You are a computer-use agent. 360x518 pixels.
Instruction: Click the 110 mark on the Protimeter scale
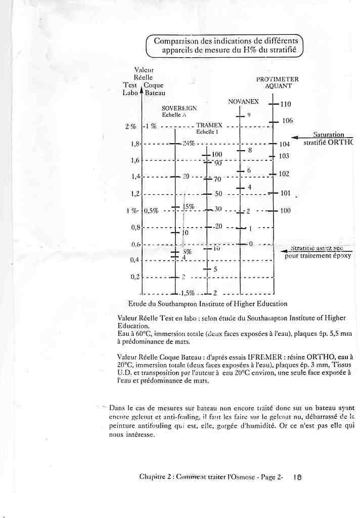point(286,104)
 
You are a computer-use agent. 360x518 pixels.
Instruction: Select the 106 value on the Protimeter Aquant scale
point(287,121)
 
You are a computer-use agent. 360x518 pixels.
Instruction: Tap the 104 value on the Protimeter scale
point(284,144)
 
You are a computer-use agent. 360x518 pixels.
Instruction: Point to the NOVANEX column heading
point(243,102)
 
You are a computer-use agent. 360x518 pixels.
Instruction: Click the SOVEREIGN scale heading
point(179,108)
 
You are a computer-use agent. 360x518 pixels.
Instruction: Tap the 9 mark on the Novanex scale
point(249,115)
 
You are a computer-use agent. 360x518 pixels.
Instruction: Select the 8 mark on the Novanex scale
point(249,151)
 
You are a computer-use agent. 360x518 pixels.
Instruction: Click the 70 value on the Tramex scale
point(217,179)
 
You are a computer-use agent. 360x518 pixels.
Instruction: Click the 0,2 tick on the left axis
point(135,277)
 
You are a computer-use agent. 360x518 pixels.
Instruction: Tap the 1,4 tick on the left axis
point(135,177)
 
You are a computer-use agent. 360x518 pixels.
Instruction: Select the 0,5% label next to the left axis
point(151,211)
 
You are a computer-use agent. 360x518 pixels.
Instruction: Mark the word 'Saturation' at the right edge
point(329,135)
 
